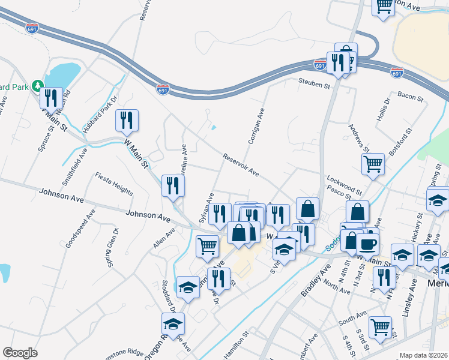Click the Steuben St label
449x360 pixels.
point(315,86)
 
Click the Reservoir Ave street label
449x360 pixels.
point(240,166)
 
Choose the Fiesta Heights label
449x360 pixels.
point(113,184)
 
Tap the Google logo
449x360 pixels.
point(20,353)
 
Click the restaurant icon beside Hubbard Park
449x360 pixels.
point(52,97)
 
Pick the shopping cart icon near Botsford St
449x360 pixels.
point(373,163)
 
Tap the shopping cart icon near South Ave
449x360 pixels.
point(380,326)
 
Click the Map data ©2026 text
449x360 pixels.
point(423,355)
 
